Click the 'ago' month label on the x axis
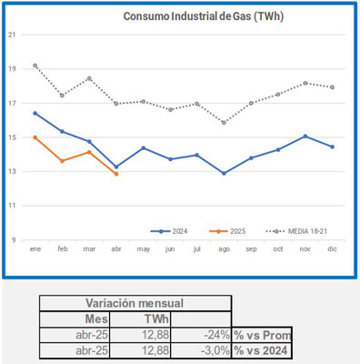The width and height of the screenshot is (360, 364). [x=225, y=248]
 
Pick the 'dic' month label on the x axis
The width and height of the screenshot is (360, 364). [x=333, y=248]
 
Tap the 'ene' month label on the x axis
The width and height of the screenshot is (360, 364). [x=35, y=248]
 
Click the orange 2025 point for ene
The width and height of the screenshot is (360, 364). [x=35, y=137]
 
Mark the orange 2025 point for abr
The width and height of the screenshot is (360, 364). [x=116, y=174]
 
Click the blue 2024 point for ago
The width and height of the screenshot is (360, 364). [x=225, y=173]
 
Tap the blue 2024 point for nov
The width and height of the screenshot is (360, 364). [x=305, y=136]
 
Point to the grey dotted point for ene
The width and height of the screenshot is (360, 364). [x=35, y=66]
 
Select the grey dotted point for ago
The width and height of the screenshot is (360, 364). [x=225, y=122]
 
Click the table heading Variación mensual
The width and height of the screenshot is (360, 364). [x=135, y=303]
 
